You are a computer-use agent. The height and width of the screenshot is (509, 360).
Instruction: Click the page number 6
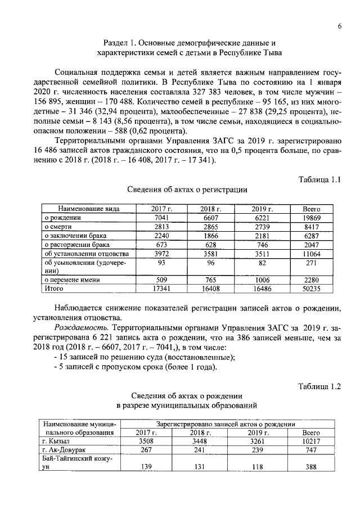(x=340, y=26)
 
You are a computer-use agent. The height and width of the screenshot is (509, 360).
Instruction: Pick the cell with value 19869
(x=311, y=218)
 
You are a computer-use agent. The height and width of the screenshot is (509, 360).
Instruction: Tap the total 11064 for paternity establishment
(x=311, y=254)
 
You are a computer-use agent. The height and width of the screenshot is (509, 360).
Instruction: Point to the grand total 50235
(x=311, y=289)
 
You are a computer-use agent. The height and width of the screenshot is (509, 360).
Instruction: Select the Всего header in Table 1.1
(x=311, y=209)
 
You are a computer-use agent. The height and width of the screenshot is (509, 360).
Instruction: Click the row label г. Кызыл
(x=55, y=441)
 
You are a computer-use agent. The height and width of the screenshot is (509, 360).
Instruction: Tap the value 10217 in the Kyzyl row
(x=311, y=441)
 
